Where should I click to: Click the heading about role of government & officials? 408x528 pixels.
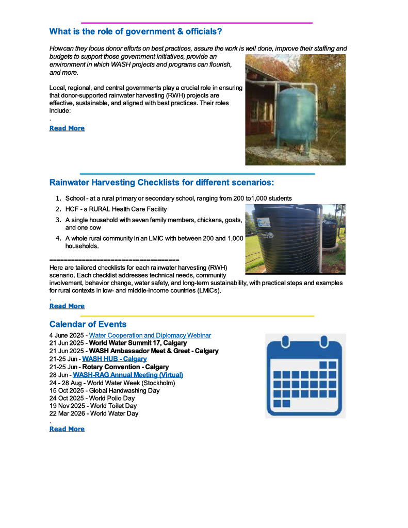[x=136, y=31]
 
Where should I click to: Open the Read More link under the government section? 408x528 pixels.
[x=67, y=128]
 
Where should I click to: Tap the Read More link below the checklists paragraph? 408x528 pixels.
[x=67, y=306]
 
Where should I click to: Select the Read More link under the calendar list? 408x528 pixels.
[x=67, y=428]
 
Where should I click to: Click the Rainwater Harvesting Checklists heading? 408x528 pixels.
[x=161, y=183]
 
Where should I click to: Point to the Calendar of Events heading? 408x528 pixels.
[x=88, y=324]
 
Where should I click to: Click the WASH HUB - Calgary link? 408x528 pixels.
[x=115, y=358]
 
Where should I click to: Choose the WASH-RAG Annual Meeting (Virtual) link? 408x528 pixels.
[x=128, y=375]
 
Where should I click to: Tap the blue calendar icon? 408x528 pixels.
[x=305, y=375]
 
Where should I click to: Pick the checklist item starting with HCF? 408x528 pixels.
[x=116, y=209]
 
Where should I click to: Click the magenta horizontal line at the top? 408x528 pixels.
[x=197, y=23]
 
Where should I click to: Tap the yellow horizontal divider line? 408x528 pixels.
[x=197, y=316]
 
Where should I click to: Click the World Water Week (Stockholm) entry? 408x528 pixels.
[x=134, y=383]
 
